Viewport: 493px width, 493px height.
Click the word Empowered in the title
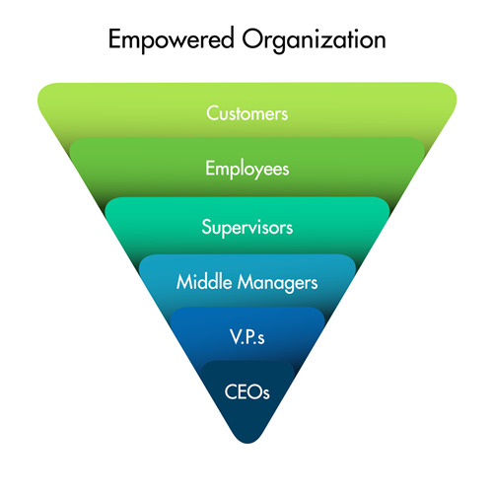click(172, 40)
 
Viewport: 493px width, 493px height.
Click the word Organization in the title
click(314, 40)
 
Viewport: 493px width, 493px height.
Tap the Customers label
click(247, 113)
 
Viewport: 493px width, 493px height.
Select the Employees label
click(247, 169)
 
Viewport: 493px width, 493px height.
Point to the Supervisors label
click(247, 227)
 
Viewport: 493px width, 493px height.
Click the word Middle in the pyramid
click(204, 282)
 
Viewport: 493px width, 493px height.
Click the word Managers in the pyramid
click(278, 283)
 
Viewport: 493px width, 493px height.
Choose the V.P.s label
click(247, 337)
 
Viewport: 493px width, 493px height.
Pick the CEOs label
click(247, 391)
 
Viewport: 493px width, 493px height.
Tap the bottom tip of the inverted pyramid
click(247, 444)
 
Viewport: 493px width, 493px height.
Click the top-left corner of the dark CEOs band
click(206, 365)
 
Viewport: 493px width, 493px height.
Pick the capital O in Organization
click(252, 39)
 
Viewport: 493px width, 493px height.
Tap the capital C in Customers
click(212, 113)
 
